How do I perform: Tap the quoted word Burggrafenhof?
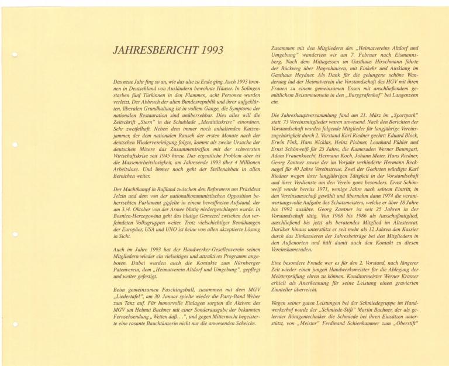pos(372,92)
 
